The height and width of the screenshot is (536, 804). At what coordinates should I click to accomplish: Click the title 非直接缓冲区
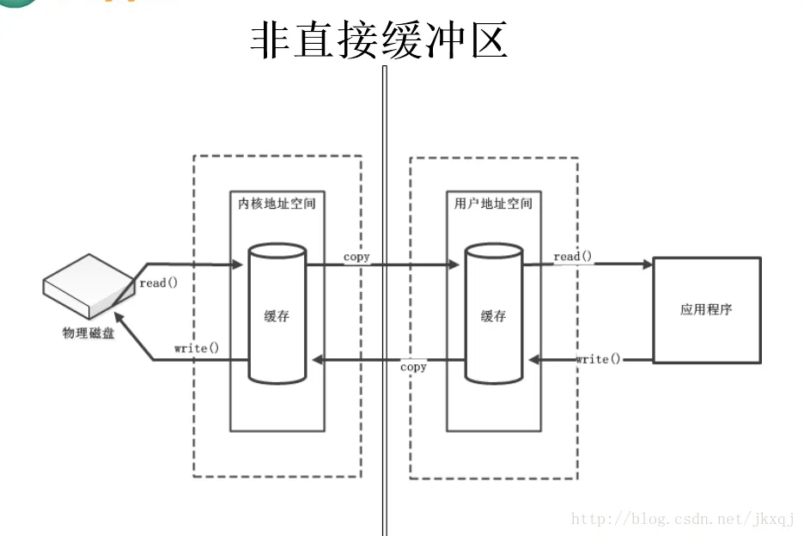(379, 40)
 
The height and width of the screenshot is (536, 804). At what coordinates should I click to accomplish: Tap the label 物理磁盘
(88, 333)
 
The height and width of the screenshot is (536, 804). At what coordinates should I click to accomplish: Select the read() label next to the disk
(158, 283)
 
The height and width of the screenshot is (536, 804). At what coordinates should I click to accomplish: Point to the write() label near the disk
(196, 348)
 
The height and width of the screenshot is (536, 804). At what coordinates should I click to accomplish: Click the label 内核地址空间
(277, 204)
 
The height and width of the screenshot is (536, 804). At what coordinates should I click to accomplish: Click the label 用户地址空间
(493, 204)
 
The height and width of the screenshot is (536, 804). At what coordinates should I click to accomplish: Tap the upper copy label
(356, 257)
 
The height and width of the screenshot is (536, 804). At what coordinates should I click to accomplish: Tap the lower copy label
(413, 367)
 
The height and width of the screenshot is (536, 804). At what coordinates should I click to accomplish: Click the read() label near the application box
(573, 256)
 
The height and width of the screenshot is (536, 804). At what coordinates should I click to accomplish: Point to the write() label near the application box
(598, 358)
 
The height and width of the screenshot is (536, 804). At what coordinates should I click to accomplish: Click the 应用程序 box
(706, 309)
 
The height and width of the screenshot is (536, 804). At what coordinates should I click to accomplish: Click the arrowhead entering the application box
(647, 265)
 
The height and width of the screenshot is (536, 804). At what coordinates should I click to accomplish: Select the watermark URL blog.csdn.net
(683, 519)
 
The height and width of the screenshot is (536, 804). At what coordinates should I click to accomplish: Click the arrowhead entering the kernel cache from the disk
(238, 265)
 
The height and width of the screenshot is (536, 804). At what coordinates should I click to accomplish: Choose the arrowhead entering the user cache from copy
(454, 265)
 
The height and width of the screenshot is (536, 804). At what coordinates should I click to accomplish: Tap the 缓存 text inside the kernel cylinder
(277, 315)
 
